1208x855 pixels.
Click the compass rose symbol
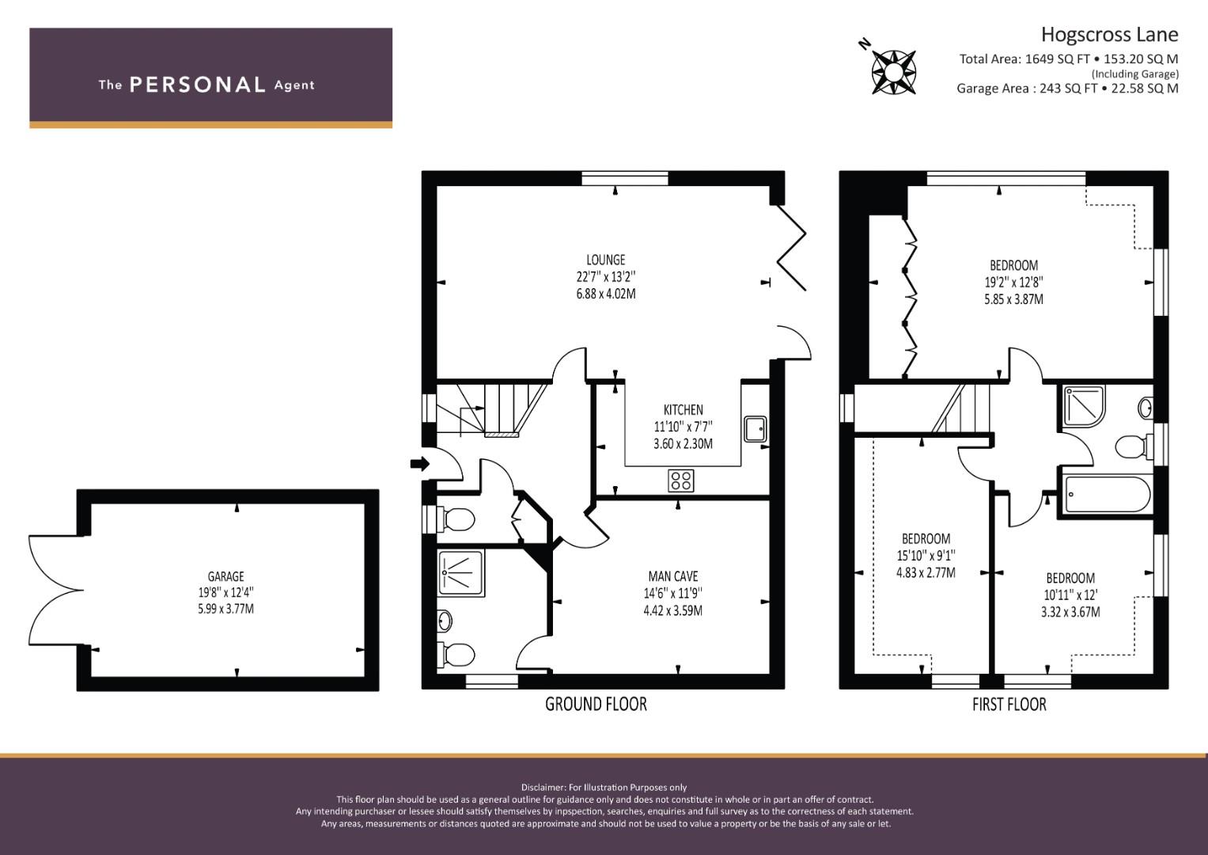[x=894, y=72]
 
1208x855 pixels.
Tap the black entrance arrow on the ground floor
[x=419, y=463]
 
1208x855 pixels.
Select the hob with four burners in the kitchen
[x=680, y=481]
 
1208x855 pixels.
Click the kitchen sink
[x=755, y=429]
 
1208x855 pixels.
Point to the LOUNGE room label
[x=606, y=260]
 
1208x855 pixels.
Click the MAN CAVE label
[x=673, y=576]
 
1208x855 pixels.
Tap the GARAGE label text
[x=226, y=576]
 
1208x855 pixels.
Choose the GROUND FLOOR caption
[x=596, y=704]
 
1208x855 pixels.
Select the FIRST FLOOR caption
[x=1009, y=705]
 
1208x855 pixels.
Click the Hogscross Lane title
[x=1109, y=35]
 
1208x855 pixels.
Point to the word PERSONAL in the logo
[x=198, y=85]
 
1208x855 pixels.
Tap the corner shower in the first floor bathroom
[x=1084, y=405]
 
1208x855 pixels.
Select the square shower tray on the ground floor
[x=461, y=573]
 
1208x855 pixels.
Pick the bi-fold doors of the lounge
[x=791, y=247]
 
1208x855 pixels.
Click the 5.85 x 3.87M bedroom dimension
[x=1014, y=299]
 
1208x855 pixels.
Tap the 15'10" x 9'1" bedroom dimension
[x=926, y=555]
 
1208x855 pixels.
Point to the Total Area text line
[x=1068, y=59]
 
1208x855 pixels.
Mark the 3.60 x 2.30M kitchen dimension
[x=683, y=443]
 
